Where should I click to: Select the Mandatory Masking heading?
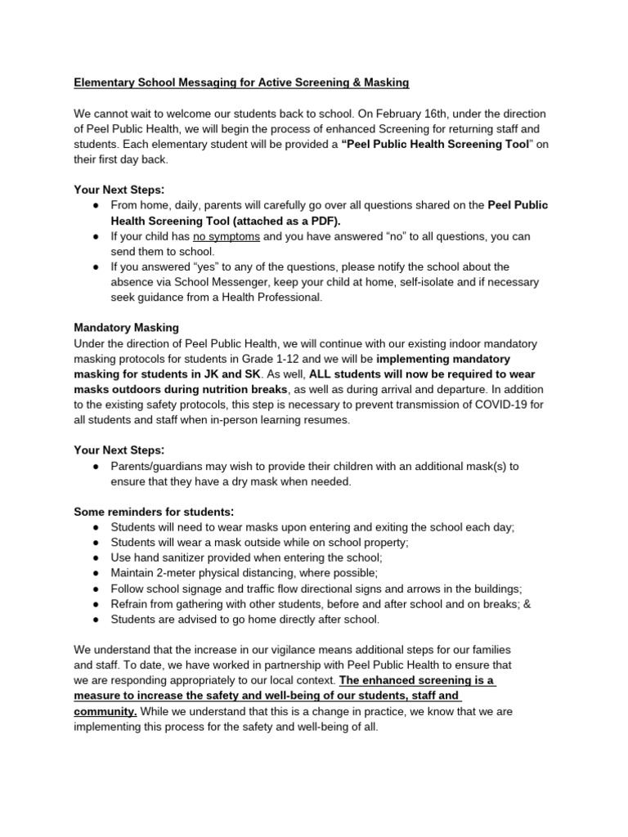(x=126, y=328)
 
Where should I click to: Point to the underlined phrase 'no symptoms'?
(x=227, y=236)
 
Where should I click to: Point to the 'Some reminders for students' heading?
(x=154, y=512)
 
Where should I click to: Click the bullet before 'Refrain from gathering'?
(x=96, y=604)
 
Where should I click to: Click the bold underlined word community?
(x=105, y=711)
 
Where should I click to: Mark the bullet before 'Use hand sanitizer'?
(x=96, y=557)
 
